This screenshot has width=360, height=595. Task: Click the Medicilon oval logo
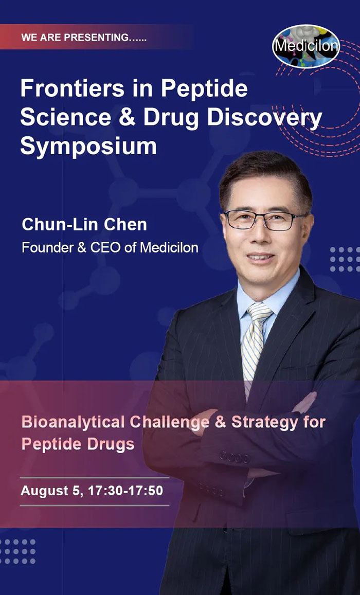coord(306,46)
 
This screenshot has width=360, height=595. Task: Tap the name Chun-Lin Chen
coord(84,224)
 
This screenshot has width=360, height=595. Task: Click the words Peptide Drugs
coord(78,444)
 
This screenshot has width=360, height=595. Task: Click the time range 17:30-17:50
coord(125,491)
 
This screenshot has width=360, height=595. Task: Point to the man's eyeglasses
coord(264,220)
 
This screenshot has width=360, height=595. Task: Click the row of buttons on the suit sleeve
coord(235,457)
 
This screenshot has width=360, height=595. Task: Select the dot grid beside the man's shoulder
coord(344,259)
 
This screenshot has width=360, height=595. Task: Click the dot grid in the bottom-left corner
coord(17,552)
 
